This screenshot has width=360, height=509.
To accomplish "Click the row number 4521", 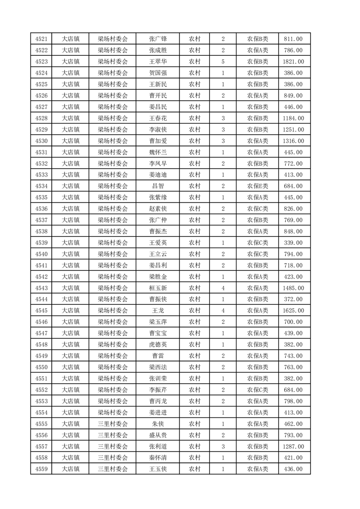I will point(41,39).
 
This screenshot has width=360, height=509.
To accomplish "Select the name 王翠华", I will point(158,62).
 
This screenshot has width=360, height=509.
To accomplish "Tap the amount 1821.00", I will point(293,62).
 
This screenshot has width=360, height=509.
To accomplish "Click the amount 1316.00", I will point(293,141).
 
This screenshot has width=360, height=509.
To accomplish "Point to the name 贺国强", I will point(158,73).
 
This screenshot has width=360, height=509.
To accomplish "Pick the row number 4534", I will point(41,186).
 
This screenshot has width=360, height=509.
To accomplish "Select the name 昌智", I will point(158,186).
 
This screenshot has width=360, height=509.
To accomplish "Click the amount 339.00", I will point(293,243).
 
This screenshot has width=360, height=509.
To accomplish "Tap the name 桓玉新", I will point(158,288).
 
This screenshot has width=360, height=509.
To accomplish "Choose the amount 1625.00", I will point(293,311).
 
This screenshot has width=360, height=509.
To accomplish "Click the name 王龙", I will point(158,311).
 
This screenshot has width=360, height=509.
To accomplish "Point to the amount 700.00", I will point(293,322).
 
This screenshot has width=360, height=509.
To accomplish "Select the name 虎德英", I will point(158,345).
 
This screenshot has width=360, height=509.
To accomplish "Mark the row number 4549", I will point(41,356).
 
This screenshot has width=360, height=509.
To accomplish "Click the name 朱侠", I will point(158,424).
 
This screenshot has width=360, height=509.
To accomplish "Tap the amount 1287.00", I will point(293,446).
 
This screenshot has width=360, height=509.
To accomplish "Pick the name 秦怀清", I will point(158,458).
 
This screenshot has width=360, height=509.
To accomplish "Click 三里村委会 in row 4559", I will point(113,469).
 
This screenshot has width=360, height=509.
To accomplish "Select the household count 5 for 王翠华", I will point(223,62).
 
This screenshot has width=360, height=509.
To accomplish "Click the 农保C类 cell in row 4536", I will point(257,209).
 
